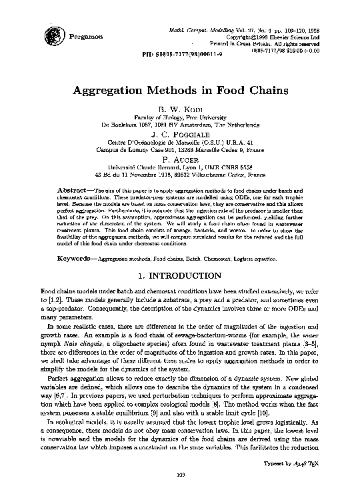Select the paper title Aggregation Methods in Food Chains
(179, 89)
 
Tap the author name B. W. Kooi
(179, 108)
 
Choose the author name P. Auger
(179, 159)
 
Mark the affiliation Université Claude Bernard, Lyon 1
(179, 167)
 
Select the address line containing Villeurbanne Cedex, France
(179, 175)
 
